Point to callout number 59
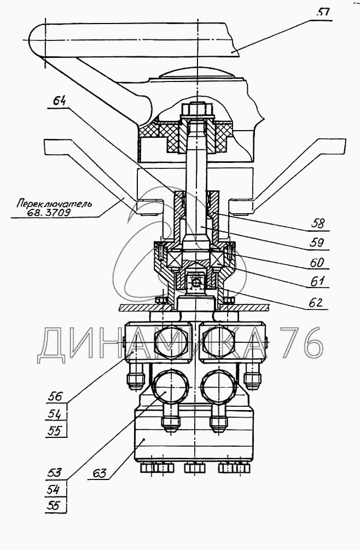pyautogui.click(x=317, y=242)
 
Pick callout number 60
pyautogui.click(x=316, y=262)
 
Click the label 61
pyautogui.click(x=317, y=282)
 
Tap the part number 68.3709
pyautogui.click(x=51, y=213)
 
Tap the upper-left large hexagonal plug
pyautogui.click(x=172, y=342)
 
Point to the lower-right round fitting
pyautogui.click(x=218, y=389)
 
